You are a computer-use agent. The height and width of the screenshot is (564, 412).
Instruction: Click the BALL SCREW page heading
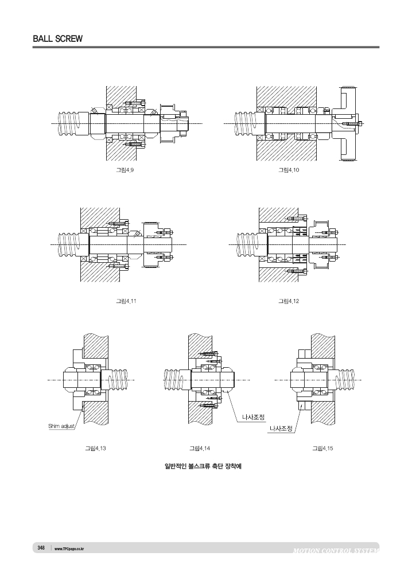pyautogui.click(x=57, y=39)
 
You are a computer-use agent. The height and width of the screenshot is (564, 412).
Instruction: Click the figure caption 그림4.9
pyautogui.click(x=125, y=170)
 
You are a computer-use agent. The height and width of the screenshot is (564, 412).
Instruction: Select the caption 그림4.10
pyautogui.click(x=289, y=170)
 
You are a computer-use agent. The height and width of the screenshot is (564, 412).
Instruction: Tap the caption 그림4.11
pyautogui.click(x=126, y=301)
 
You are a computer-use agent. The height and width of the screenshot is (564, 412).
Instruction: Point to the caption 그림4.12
pyautogui.click(x=289, y=301)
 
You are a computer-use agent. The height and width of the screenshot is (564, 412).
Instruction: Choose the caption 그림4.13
pyautogui.click(x=95, y=448)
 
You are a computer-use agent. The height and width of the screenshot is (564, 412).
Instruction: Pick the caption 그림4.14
pyautogui.click(x=200, y=448)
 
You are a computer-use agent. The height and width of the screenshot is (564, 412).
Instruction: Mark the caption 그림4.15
pyautogui.click(x=322, y=448)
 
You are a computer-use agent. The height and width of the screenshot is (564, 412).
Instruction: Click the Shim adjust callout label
pyautogui.click(x=61, y=426)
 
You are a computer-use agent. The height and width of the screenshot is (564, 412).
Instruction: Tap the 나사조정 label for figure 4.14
pyautogui.click(x=253, y=417)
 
